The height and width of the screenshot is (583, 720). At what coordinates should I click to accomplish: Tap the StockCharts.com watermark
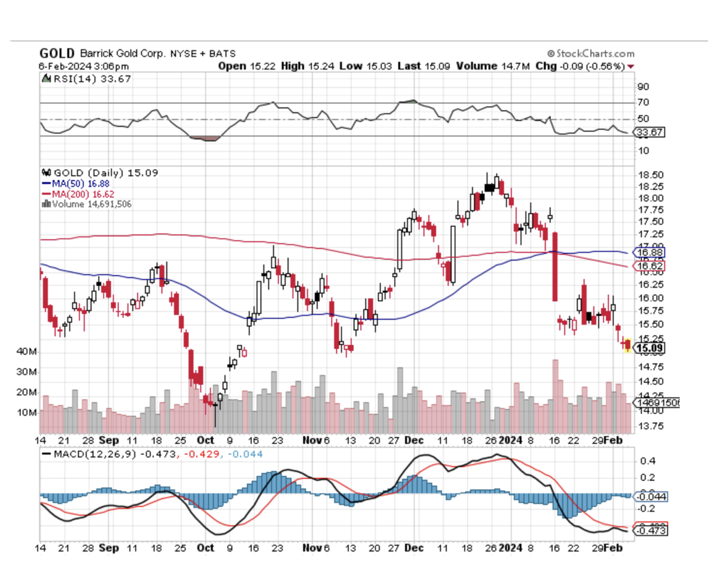click(591, 54)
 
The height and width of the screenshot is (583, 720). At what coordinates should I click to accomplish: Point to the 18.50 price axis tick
click(651, 174)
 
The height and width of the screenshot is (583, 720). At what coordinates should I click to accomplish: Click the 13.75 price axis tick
click(651, 425)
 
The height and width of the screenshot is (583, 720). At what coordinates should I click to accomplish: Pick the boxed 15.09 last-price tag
click(650, 348)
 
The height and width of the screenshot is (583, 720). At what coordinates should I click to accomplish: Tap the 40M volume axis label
click(27, 351)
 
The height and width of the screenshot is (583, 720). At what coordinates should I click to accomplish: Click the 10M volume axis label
click(27, 412)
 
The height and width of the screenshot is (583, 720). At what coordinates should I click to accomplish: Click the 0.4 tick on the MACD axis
click(647, 461)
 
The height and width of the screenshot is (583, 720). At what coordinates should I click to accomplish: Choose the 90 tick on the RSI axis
click(643, 86)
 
